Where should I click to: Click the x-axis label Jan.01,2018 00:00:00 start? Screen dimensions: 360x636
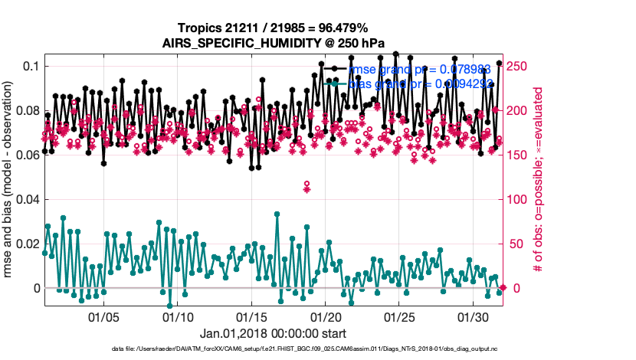point(273,334)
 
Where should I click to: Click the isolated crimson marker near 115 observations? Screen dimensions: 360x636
point(307,187)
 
